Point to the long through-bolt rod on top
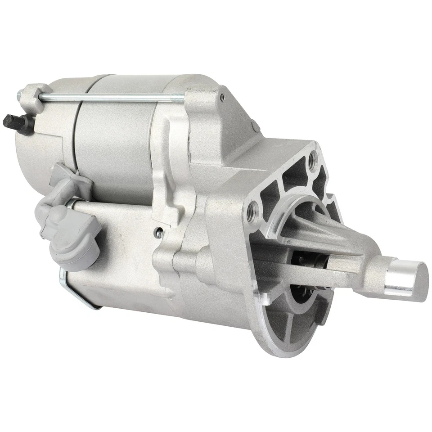coord(112,95)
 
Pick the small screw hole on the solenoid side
coord(158,232)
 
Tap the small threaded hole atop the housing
coord(221,95)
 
